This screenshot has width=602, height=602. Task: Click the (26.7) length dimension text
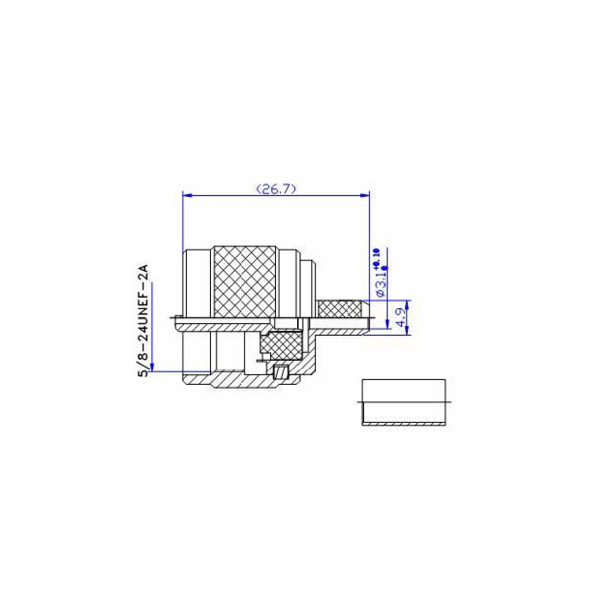click(x=276, y=189)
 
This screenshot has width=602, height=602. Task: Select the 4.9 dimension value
click(x=400, y=317)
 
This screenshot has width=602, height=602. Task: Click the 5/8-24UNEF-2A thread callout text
click(x=143, y=321)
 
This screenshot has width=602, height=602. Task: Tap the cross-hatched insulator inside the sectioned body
click(x=280, y=345)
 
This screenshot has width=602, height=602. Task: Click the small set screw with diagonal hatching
click(x=280, y=372)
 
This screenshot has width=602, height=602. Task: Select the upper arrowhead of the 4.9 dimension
click(x=407, y=304)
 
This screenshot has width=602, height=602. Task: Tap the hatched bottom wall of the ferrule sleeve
click(x=404, y=423)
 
